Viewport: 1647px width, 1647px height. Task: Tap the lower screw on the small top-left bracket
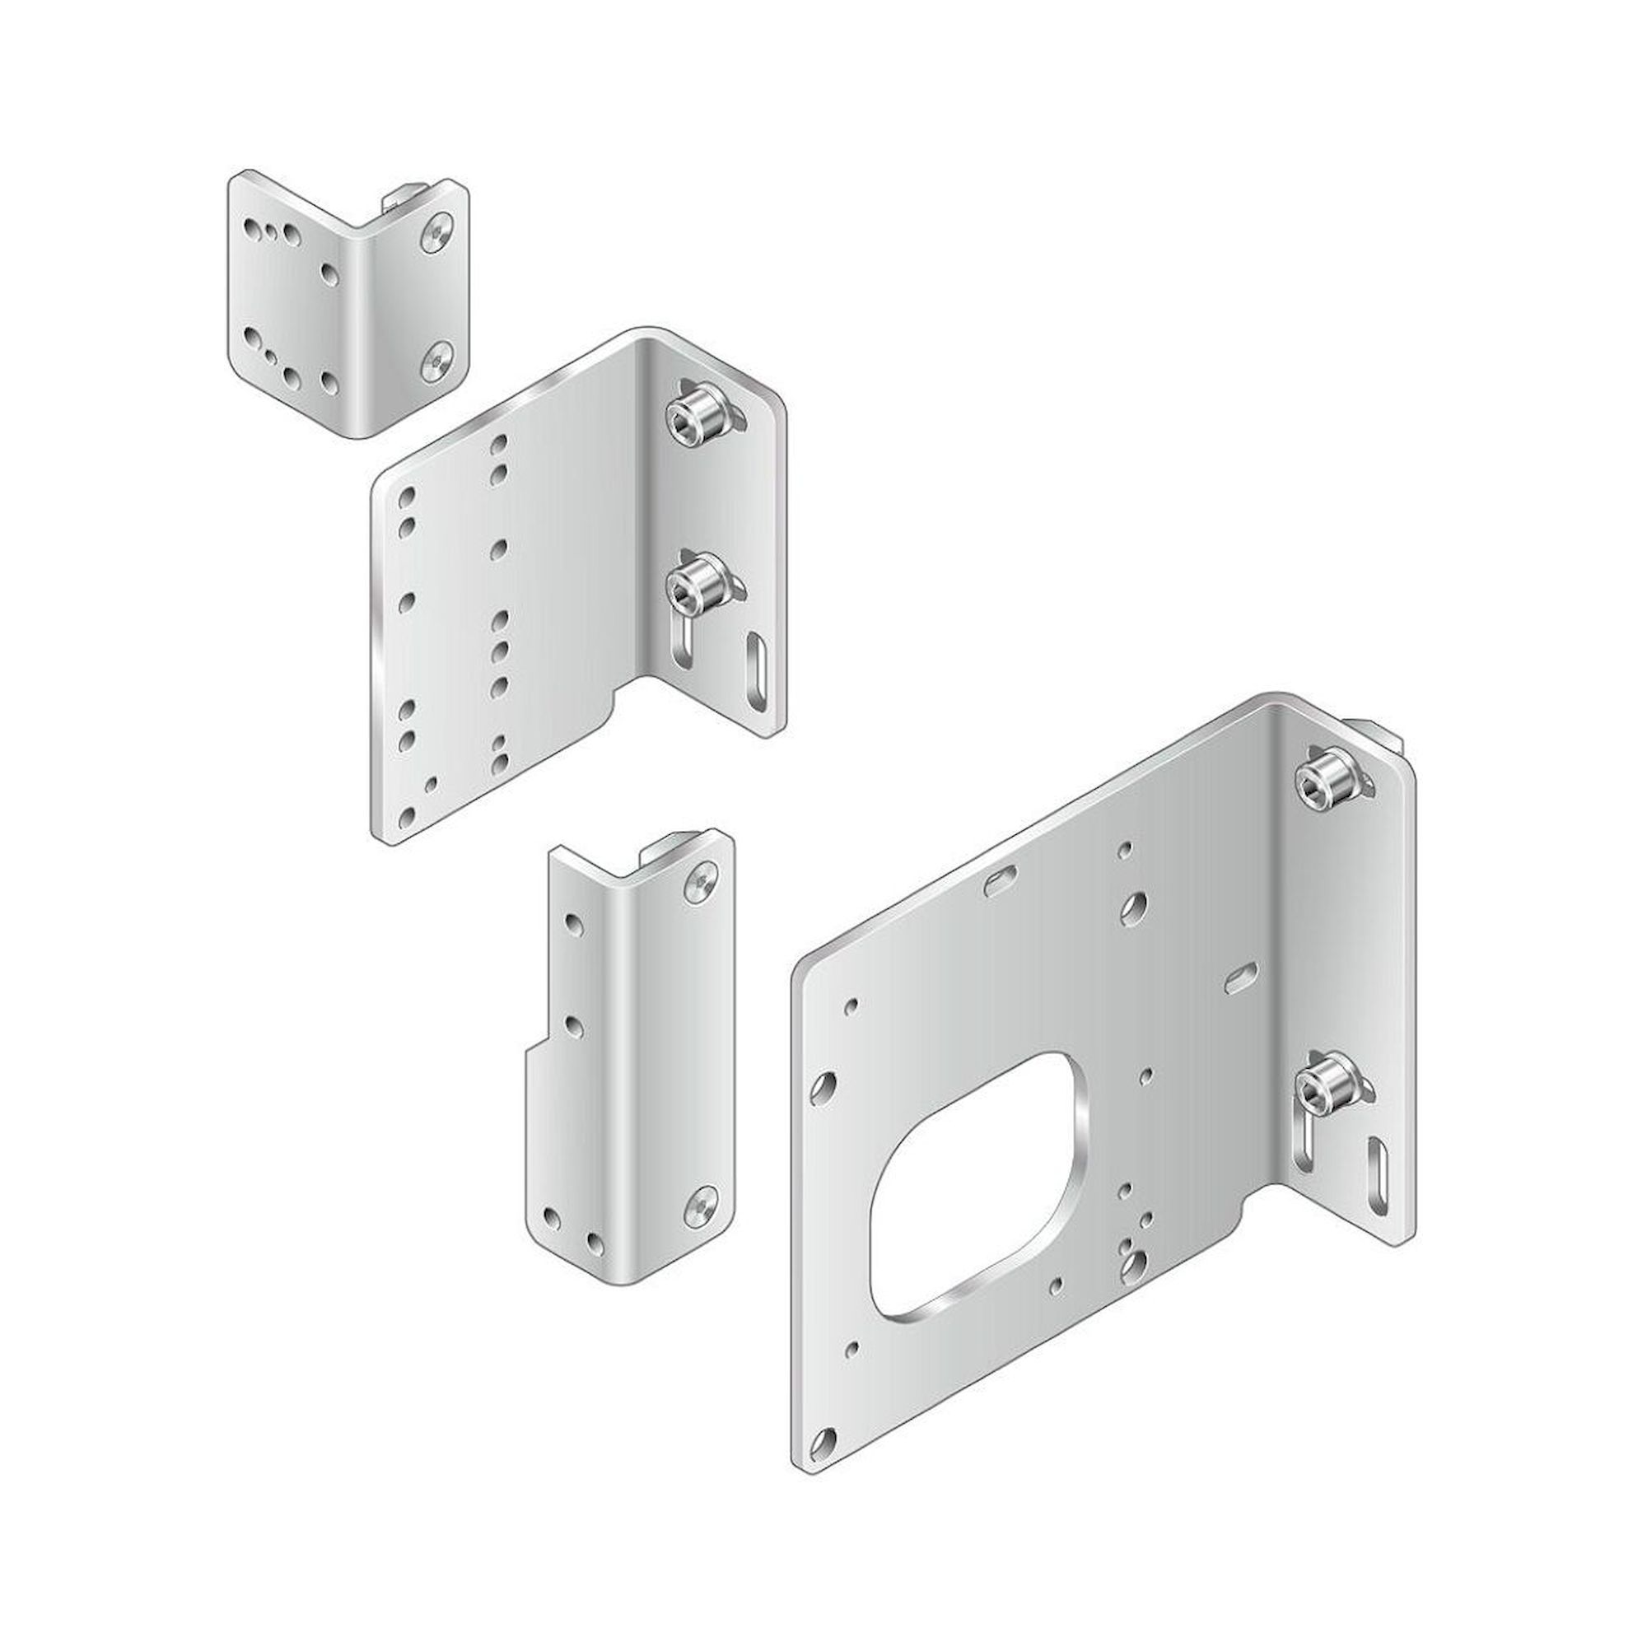pos(437,362)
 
